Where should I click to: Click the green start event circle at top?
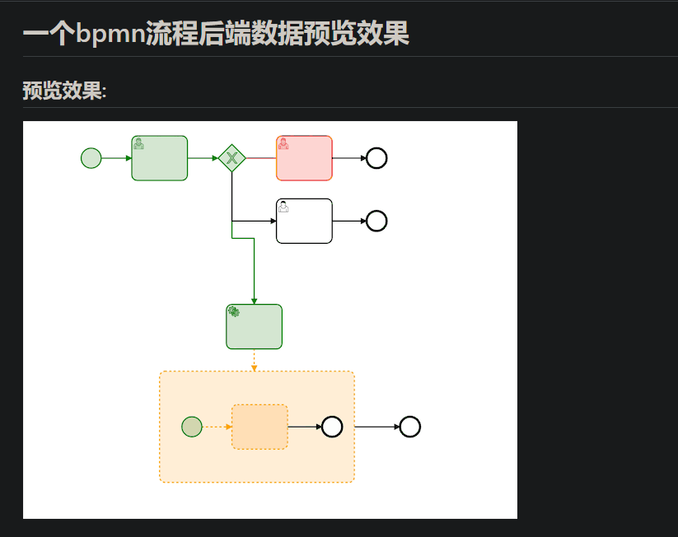pyautogui.click(x=91, y=157)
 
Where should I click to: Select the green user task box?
pyautogui.click(x=160, y=158)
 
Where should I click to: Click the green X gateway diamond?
pyautogui.click(x=232, y=157)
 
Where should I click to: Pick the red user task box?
pyautogui.click(x=304, y=158)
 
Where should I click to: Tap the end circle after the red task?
pyautogui.click(x=376, y=157)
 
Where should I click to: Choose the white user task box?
pyautogui.click(x=304, y=221)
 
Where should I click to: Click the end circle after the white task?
pyautogui.click(x=376, y=221)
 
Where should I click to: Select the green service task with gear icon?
pyautogui.click(x=254, y=327)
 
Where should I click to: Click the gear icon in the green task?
pyautogui.click(x=234, y=311)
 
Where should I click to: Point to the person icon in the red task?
pyautogui.click(x=283, y=143)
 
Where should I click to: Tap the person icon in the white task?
pyautogui.click(x=283, y=206)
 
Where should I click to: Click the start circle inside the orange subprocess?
pyautogui.click(x=192, y=427)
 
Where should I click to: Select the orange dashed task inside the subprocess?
pyautogui.click(x=260, y=427)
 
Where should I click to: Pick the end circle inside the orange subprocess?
pyautogui.click(x=332, y=427)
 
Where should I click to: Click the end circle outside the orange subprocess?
pyautogui.click(x=410, y=427)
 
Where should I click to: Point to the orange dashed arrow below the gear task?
pyautogui.click(x=254, y=360)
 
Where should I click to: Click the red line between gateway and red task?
pyautogui.click(x=261, y=157)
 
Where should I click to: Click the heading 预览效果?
pyautogui.click(x=64, y=91)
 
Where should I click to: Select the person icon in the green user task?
pyautogui.click(x=138, y=143)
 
